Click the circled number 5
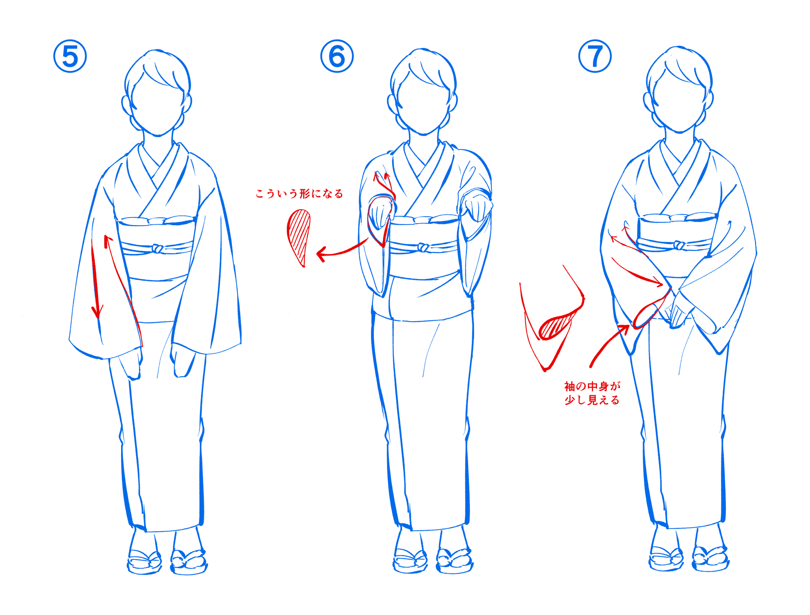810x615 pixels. coord(70,56)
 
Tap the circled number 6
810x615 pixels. coord(337,56)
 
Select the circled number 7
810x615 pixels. coord(595,56)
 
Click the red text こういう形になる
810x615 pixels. coord(299,194)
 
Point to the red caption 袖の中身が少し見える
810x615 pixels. coord(592,393)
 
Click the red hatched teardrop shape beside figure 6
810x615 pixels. coord(299,237)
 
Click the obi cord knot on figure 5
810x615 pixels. coord(157,249)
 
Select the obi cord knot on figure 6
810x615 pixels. coord(424,247)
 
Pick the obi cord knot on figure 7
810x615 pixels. coord(680,245)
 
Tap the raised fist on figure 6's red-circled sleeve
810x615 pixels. coord(380,215)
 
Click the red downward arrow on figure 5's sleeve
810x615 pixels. coord(96,279)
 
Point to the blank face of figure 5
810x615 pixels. coord(157,105)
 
